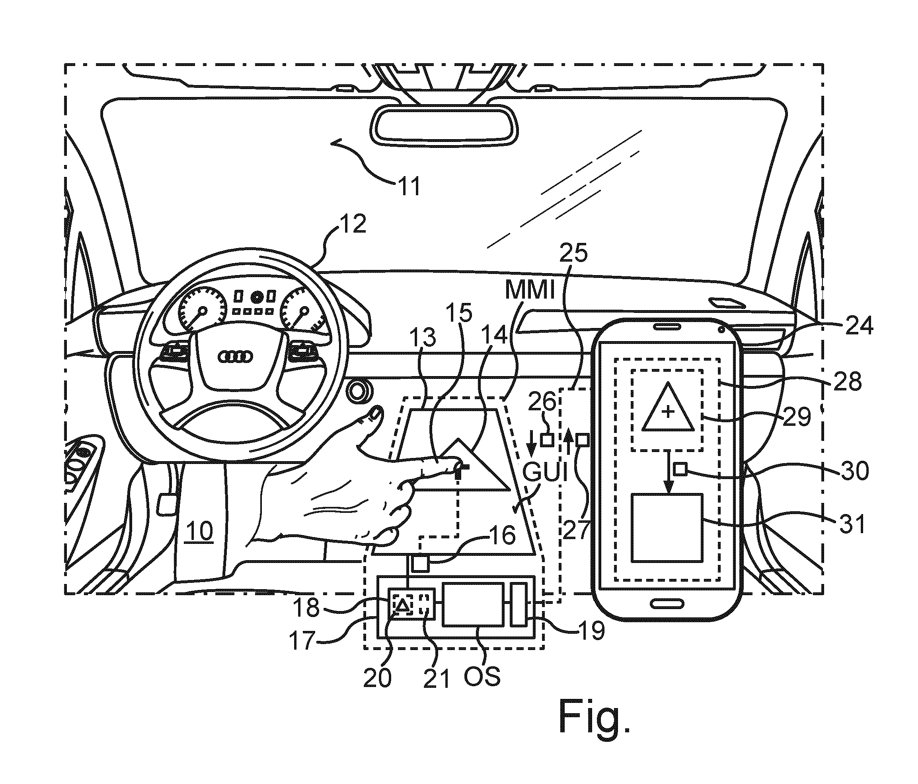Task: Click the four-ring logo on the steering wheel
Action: [236, 356]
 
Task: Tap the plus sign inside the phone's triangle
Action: [668, 413]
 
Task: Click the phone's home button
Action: [667, 603]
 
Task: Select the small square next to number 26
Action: [548, 439]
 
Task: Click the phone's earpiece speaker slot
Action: [667, 326]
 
